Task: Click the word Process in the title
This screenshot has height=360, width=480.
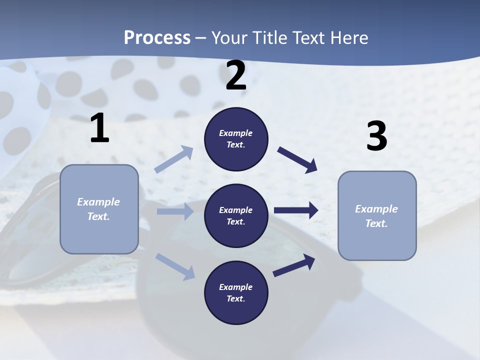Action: pos(157,37)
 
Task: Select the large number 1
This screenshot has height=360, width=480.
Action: pos(99,128)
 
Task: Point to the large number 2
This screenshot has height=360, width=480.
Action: pos(236,76)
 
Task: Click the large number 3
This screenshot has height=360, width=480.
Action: pos(376,136)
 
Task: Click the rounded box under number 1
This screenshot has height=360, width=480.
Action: pos(99,209)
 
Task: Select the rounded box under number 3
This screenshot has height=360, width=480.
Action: pos(377,215)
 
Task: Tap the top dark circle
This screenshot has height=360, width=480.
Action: pos(236,139)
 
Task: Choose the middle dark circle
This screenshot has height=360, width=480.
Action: pos(236,215)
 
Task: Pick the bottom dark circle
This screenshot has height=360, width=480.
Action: pos(236,292)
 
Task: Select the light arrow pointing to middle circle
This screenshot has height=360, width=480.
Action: pos(175,211)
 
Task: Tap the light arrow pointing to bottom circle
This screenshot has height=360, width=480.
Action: pos(175,266)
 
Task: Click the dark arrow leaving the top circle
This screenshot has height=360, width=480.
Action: pos(297,159)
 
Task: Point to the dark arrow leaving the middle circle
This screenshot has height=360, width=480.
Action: pos(296,210)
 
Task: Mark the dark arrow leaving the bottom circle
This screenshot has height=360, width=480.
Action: pos(294,265)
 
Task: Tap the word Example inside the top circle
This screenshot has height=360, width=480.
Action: pos(235,133)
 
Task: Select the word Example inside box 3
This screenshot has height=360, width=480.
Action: pos(376,209)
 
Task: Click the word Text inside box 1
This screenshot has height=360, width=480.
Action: pos(98,216)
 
